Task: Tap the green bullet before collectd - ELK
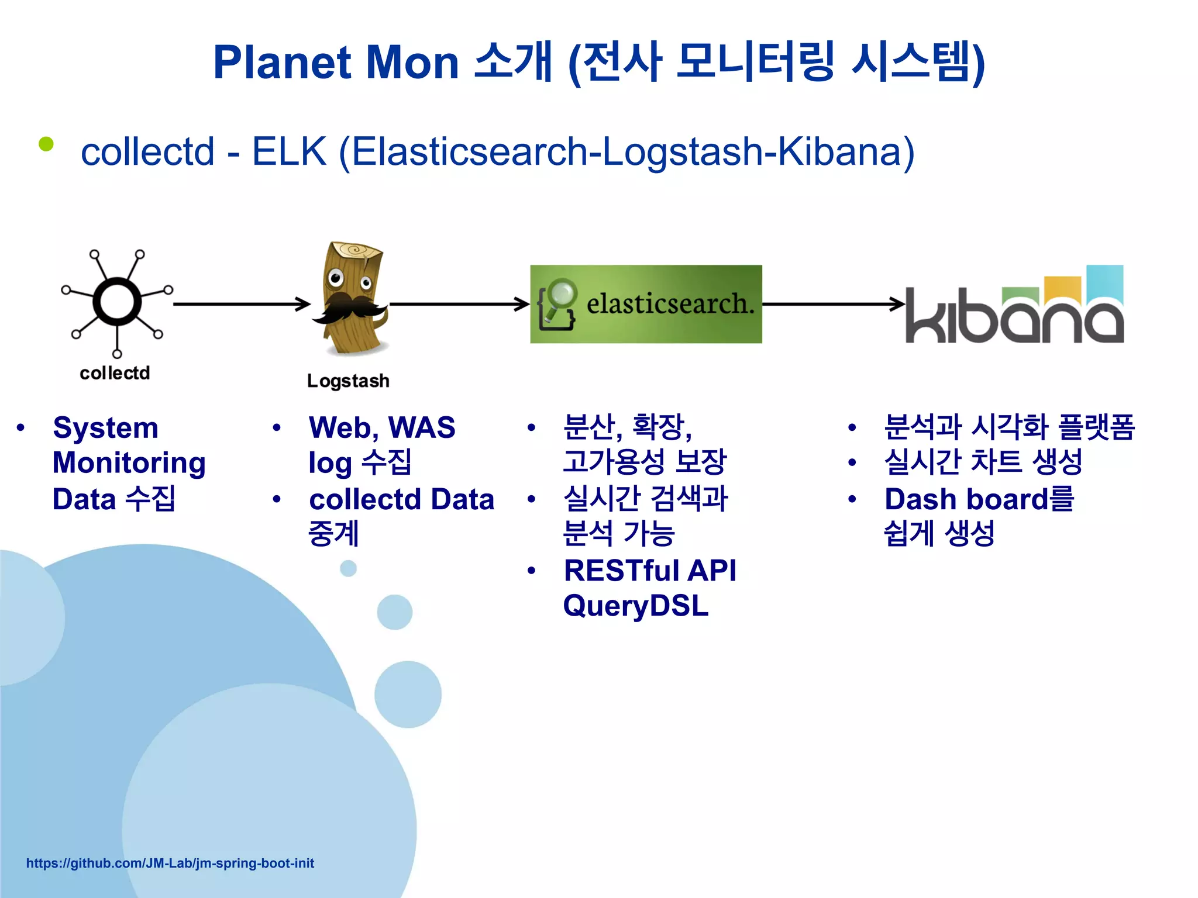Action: click(46, 144)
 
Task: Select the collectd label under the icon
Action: click(115, 373)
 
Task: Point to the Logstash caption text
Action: click(348, 381)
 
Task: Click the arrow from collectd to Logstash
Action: click(241, 304)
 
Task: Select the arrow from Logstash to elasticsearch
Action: click(459, 304)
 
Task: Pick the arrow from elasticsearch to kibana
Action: click(834, 304)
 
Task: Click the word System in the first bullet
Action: click(105, 428)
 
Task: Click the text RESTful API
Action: click(649, 571)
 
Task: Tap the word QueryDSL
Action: click(635, 606)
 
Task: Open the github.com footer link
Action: click(170, 864)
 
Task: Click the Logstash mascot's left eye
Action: click(335, 277)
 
